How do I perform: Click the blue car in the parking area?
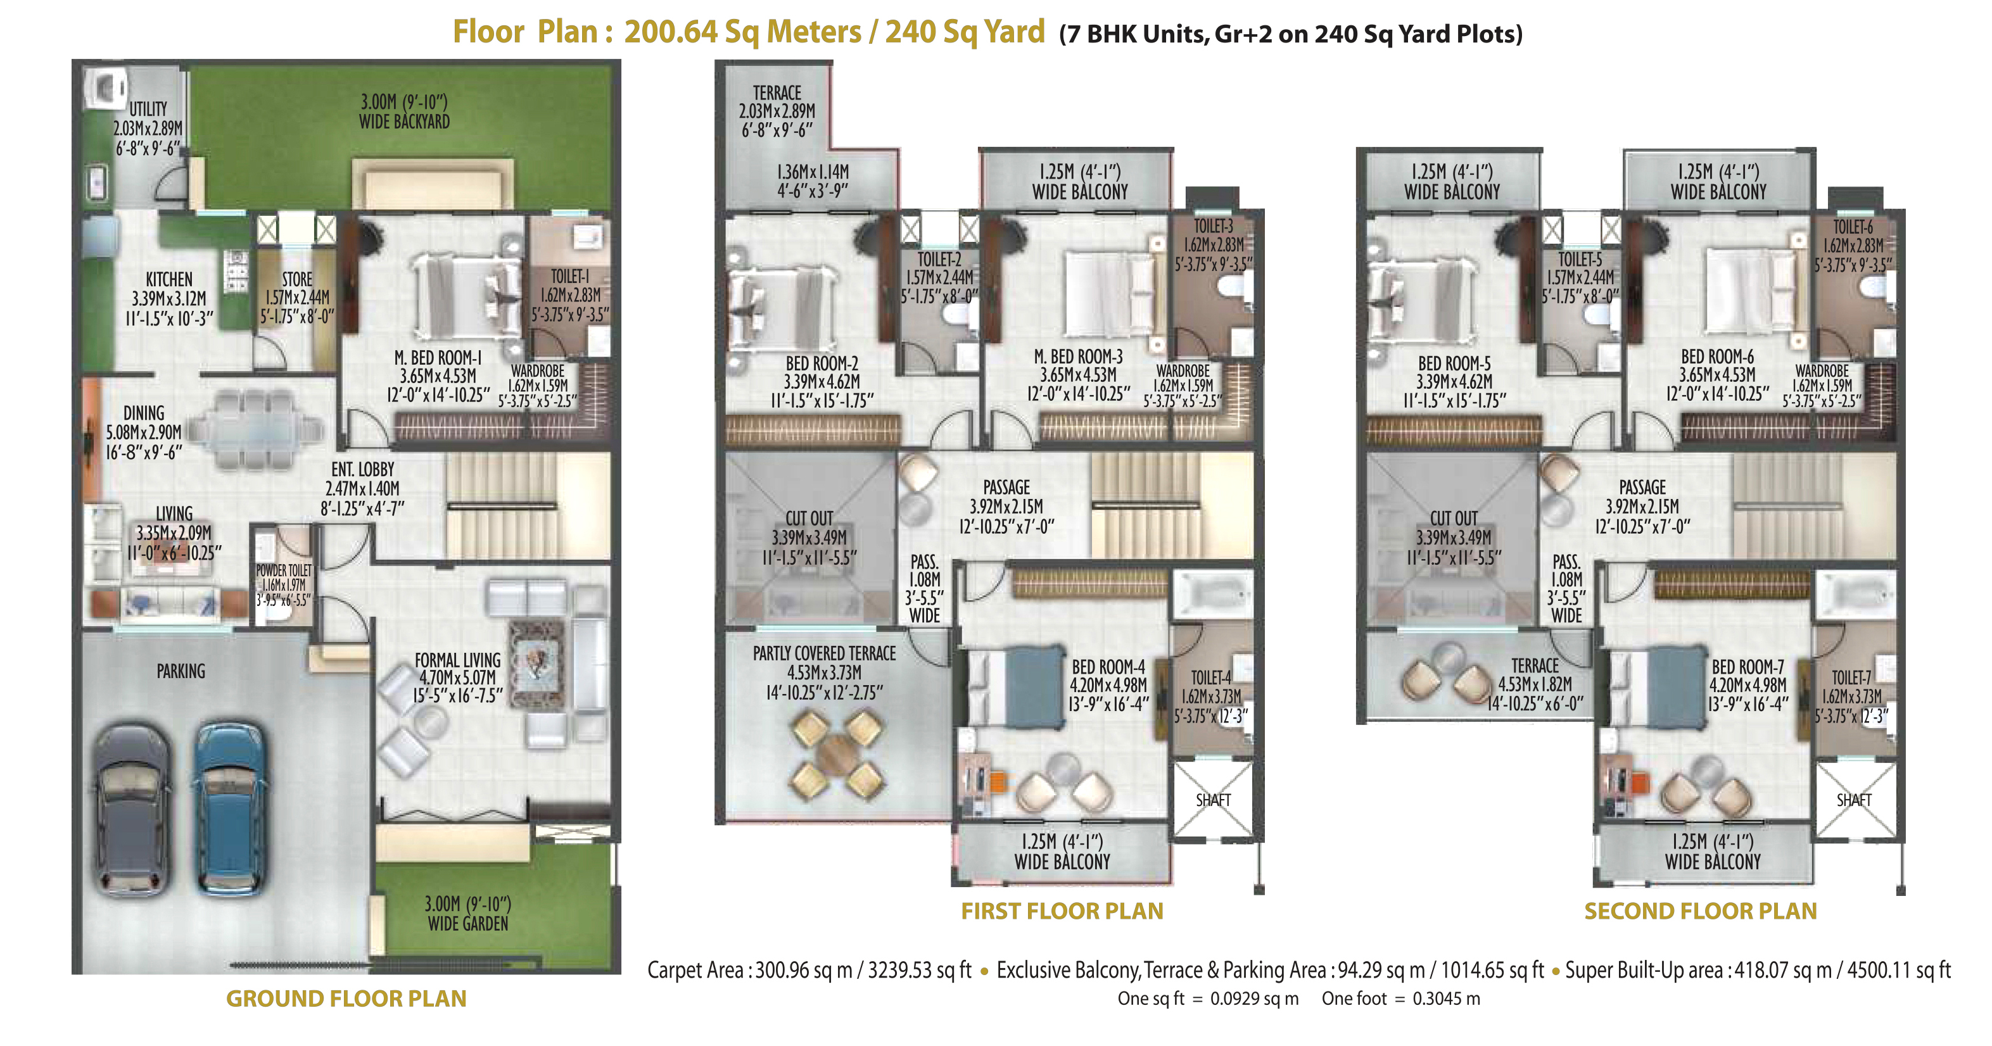230,809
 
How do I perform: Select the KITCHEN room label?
169,279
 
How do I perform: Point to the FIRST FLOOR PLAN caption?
1062,911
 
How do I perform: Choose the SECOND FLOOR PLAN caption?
1701,911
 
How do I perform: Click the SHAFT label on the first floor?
1212,800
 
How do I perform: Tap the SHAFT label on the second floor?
1855,800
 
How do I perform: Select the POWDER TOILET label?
284,570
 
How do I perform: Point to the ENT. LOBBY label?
363,469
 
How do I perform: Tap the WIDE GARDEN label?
468,924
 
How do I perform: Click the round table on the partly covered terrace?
837,755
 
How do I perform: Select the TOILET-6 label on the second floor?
1853,227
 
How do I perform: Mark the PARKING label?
181,671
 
